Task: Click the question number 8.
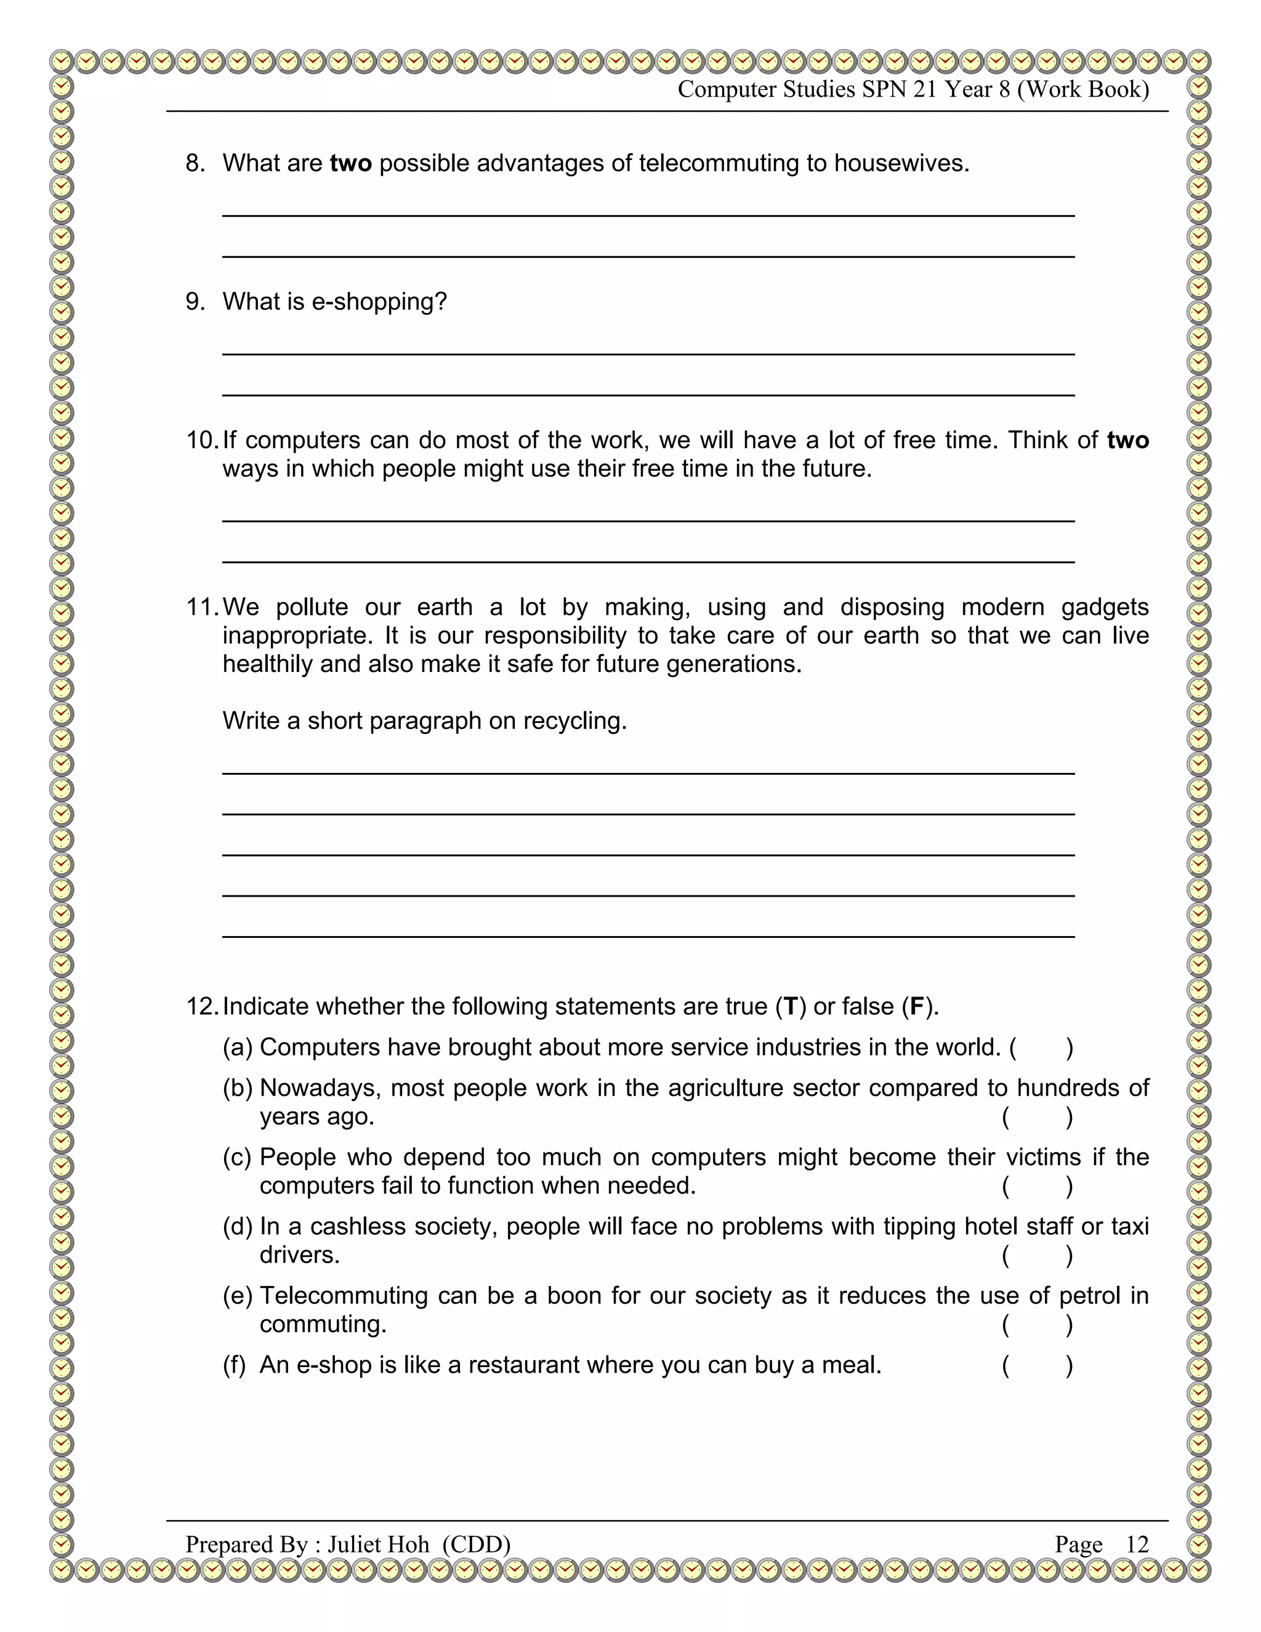tap(195, 163)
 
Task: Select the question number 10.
tap(201, 440)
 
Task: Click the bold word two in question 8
tap(350, 163)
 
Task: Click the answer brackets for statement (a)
tap(1041, 1048)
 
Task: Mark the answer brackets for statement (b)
tap(1037, 1117)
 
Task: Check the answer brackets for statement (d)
tap(1037, 1255)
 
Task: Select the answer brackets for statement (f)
tap(1037, 1365)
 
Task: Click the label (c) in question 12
tap(238, 1158)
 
